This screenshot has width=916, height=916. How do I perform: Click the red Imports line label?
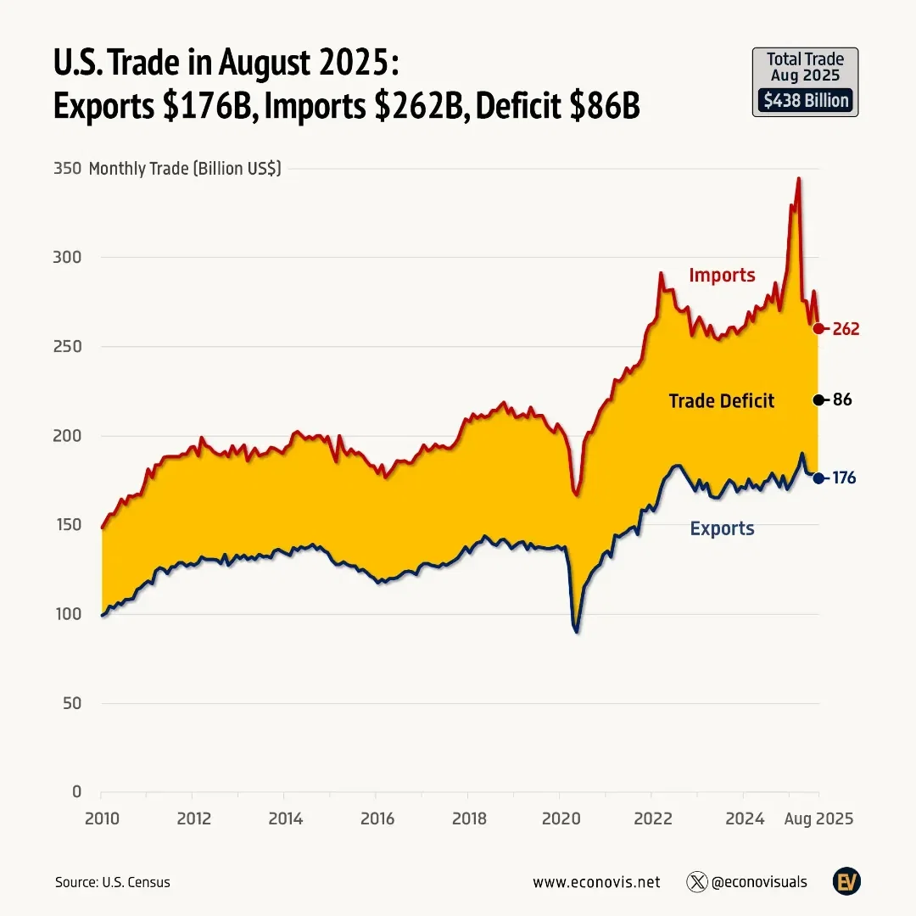722,275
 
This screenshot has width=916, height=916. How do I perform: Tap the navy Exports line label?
722,529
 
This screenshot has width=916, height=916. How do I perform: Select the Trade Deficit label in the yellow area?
721,401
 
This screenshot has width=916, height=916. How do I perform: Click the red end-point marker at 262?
818,329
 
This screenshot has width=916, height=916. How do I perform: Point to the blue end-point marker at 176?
818,478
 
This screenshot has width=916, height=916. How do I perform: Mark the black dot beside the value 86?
818,400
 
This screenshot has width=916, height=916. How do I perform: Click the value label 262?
846,329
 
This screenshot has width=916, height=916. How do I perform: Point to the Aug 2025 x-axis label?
818,819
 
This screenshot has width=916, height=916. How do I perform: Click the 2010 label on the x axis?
102,819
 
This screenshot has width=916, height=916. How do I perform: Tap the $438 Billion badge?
805,101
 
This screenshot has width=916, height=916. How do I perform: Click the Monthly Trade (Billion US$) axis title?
184,168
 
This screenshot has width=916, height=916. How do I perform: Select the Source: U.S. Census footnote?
113,882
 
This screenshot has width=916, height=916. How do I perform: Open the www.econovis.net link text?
595,882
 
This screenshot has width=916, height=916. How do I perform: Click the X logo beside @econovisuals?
696,882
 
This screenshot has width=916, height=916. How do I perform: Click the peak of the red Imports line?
798,179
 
